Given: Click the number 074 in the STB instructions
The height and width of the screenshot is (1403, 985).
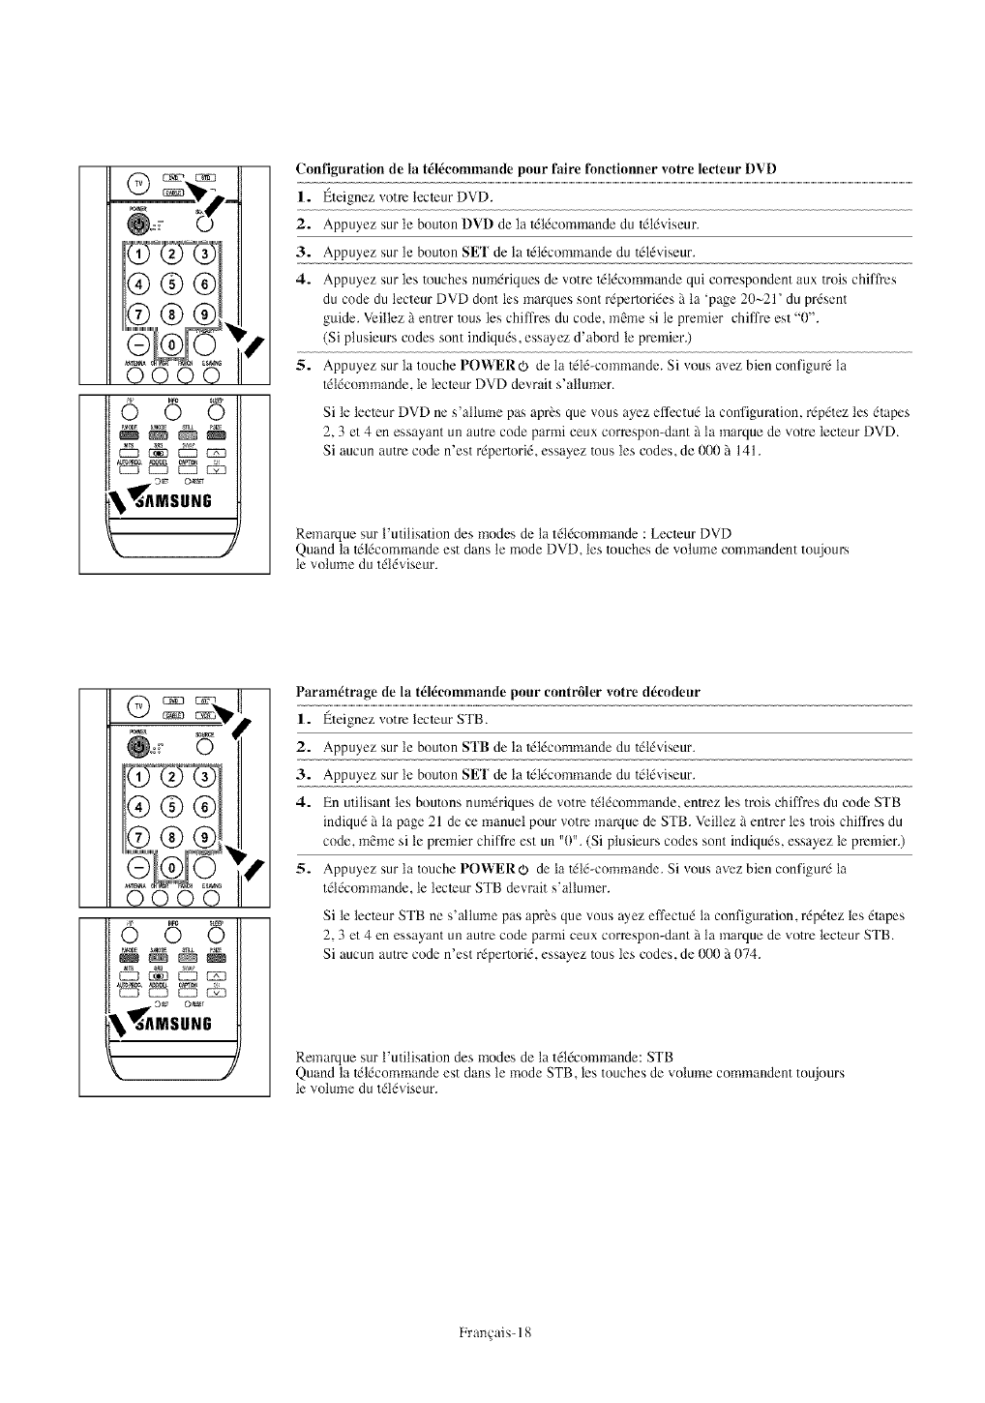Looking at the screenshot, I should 748,955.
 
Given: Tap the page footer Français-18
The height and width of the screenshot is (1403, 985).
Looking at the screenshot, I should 492,1331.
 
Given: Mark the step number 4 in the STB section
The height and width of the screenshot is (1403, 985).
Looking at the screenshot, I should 303,802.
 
